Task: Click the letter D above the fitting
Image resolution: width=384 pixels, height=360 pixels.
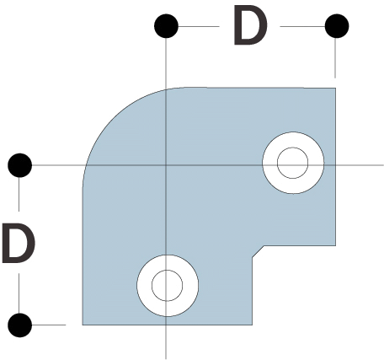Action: (250, 25)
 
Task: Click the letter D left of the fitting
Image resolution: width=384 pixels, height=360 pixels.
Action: (19, 244)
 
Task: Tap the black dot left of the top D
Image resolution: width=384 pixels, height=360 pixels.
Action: (166, 26)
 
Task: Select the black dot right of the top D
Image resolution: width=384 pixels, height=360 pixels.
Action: (337, 26)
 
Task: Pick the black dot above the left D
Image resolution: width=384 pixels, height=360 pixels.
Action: (20, 165)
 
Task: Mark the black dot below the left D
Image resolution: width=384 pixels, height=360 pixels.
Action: (20, 325)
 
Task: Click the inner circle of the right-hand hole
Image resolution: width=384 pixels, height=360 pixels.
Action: (292, 148)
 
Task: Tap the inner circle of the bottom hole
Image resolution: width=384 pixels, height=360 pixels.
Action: (167, 271)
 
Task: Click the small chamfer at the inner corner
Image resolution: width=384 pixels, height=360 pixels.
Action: (258, 251)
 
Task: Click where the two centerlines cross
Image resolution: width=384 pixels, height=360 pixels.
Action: (166, 165)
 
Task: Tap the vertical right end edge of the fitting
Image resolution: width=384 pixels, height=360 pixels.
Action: (335, 167)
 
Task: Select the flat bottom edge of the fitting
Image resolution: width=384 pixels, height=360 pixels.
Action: (168, 325)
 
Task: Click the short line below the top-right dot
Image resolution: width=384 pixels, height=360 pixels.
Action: (335, 58)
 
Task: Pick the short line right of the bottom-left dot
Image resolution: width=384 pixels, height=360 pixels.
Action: (49, 325)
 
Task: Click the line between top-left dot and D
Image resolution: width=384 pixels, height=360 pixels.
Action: (199, 26)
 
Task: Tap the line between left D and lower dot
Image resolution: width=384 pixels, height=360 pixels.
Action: (19, 293)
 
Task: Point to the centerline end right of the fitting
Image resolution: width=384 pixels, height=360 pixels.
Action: (383, 165)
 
